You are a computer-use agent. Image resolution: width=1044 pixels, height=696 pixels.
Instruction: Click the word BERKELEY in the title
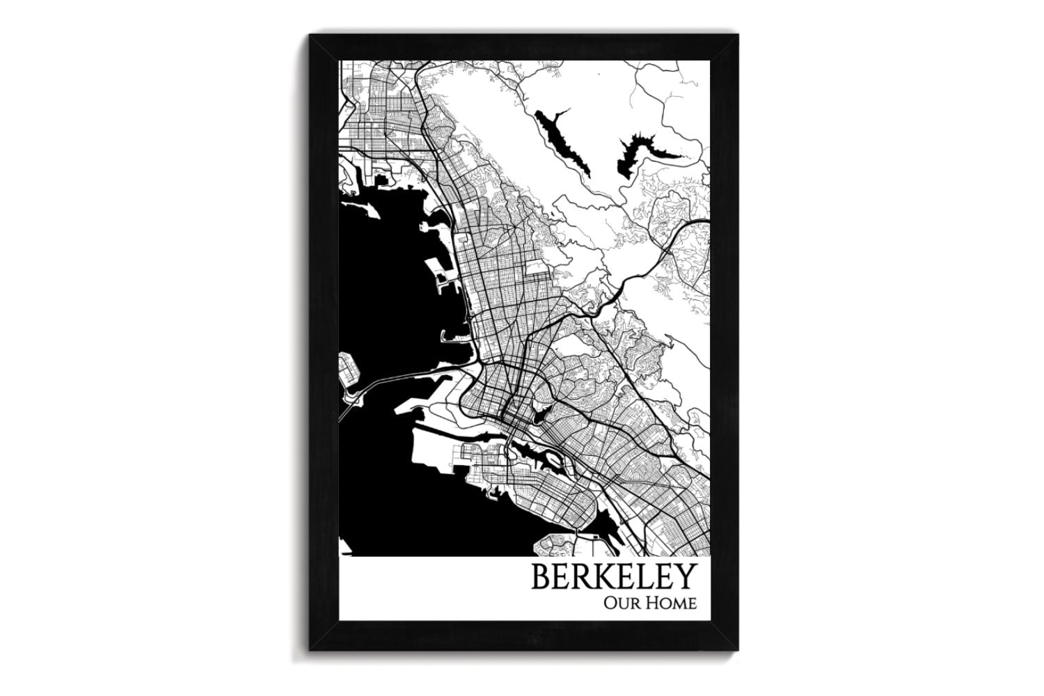(x=613, y=577)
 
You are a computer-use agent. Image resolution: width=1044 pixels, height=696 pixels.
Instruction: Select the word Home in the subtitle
(x=672, y=603)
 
